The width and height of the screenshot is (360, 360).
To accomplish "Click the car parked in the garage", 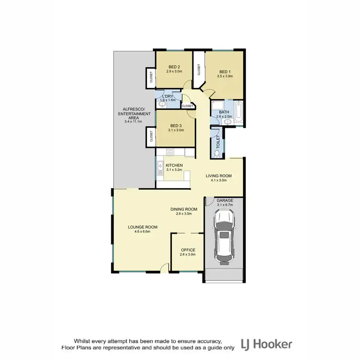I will point(225,238).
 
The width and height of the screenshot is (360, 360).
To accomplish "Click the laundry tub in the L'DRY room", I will point(161,102).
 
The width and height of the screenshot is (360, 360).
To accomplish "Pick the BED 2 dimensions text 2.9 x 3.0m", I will point(174,72).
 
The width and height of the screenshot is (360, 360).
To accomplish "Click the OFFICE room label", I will point(188,250).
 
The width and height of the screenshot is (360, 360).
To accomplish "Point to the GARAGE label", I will point(225,200).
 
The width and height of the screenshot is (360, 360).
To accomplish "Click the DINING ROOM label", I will point(184,209).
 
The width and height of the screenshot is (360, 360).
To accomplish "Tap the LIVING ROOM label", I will point(219,176).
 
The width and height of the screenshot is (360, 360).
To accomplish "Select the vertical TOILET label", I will point(217,141).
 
